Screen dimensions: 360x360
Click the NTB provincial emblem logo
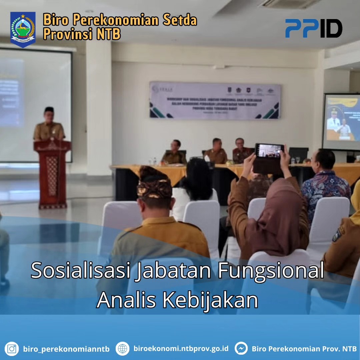coord(23,29)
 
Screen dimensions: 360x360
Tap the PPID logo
coord(313,28)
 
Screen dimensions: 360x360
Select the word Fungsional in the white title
coord(271,270)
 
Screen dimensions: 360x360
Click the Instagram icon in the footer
coord(12,349)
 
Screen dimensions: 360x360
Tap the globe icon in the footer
coord(122,349)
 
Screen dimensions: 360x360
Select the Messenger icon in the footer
coord(241,349)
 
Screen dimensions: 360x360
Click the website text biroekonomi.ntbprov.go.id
coord(181,349)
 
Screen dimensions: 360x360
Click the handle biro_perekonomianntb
coord(66,349)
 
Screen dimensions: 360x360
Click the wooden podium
coord(52,173)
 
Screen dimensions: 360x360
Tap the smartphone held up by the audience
coord(269,150)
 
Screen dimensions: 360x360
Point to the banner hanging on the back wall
coord(215,100)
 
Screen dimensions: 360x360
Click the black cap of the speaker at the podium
coord(49,109)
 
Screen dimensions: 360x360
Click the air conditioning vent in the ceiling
coord(290,4)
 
